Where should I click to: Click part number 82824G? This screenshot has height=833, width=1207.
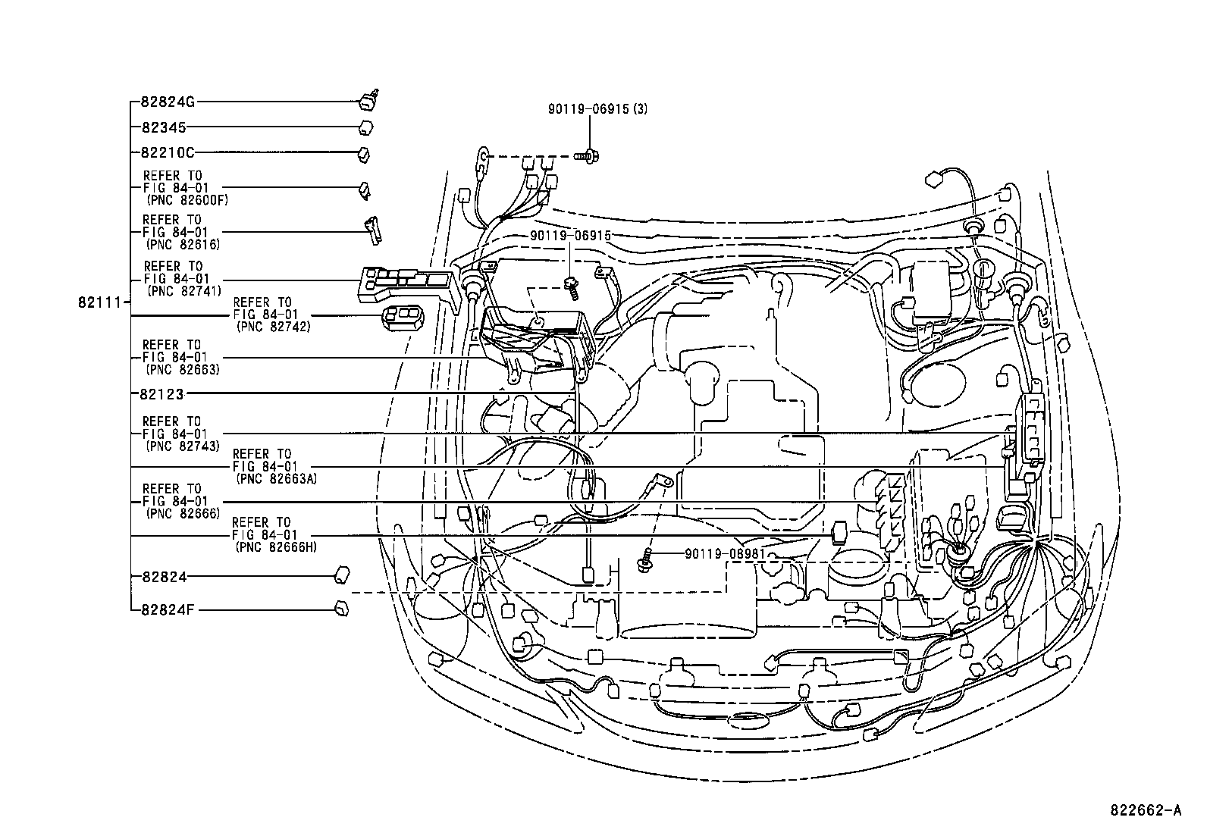tap(168, 101)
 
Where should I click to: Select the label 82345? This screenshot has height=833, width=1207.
tap(163, 127)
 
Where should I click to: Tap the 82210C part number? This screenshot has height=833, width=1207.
tap(168, 153)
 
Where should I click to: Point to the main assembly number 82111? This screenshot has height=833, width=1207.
tap(99, 302)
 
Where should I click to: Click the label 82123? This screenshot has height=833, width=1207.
tap(163, 393)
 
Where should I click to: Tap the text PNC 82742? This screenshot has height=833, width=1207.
tap(273, 327)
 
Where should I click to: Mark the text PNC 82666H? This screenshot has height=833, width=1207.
tap(276, 546)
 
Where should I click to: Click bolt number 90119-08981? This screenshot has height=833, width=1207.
tap(725, 554)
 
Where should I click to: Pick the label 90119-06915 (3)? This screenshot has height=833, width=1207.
tap(597, 109)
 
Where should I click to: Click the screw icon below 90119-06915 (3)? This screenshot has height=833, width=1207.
tap(589, 157)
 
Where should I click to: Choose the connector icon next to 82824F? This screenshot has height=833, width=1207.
tap(341, 608)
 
